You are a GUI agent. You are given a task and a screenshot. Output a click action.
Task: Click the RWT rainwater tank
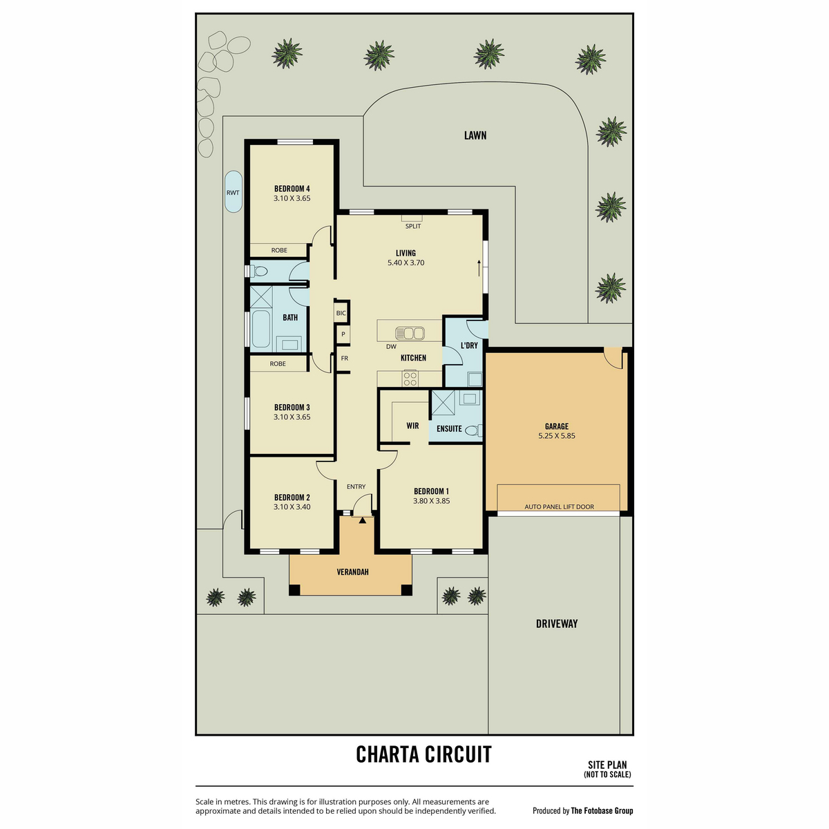(234, 192)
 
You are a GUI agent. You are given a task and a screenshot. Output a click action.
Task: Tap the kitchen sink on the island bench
(410, 333)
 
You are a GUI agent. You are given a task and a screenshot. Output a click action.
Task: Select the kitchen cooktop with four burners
(410, 379)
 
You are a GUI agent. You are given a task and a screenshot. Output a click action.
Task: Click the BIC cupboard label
(341, 313)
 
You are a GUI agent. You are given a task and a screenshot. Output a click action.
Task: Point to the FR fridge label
(345, 358)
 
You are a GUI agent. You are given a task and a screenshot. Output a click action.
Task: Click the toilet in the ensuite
(474, 430)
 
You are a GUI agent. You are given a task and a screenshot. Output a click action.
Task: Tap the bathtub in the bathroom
(260, 329)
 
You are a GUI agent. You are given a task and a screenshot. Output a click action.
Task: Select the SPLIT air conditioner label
(413, 226)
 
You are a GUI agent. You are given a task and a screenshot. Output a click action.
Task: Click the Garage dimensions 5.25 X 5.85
(556, 436)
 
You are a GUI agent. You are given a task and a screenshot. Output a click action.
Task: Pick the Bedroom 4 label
(292, 189)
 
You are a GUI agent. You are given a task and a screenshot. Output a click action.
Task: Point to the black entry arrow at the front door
(362, 520)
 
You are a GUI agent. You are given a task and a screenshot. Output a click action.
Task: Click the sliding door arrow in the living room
(479, 268)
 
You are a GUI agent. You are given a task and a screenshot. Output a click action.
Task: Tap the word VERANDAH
(352, 572)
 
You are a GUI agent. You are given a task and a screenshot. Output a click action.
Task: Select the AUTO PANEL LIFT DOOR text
(559, 507)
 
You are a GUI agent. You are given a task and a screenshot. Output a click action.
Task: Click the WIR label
(412, 426)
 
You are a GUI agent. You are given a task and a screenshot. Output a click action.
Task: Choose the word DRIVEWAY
(556, 623)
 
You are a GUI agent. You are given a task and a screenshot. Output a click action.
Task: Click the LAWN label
(475, 135)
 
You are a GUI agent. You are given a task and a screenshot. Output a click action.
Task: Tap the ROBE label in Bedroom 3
(278, 363)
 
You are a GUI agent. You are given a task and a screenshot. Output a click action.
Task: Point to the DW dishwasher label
(391, 346)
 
